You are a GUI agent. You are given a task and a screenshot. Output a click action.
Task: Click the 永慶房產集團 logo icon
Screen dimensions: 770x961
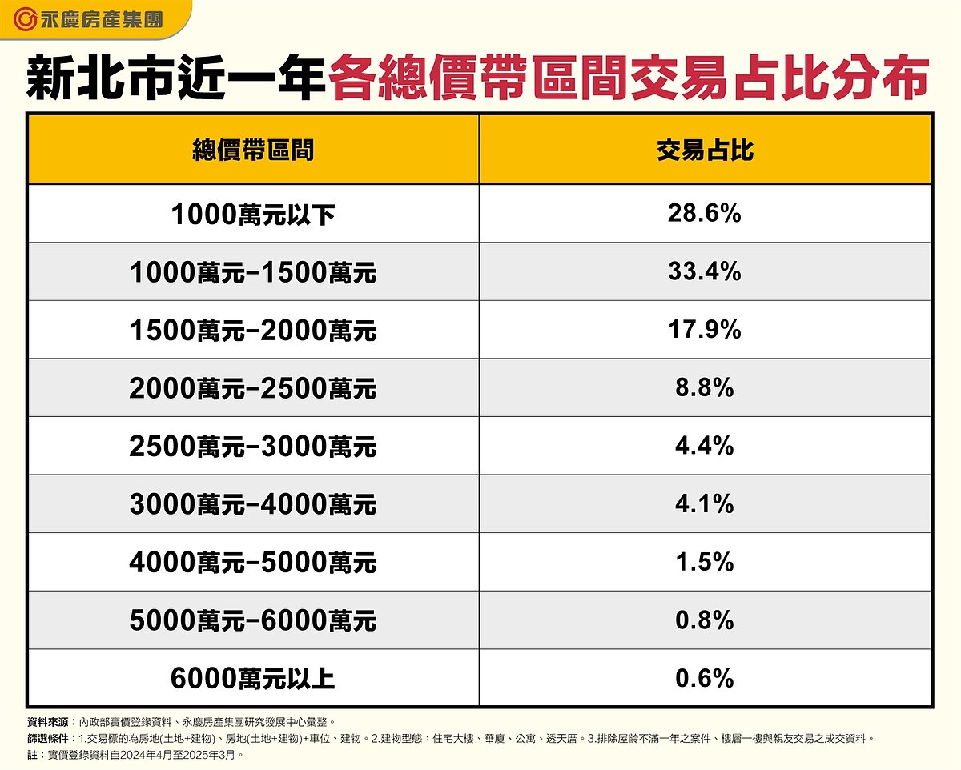[x=26, y=18]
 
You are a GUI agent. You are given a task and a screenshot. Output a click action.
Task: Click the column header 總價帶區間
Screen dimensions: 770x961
[x=252, y=150]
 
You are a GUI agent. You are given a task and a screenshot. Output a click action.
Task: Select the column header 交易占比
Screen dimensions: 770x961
[x=705, y=150]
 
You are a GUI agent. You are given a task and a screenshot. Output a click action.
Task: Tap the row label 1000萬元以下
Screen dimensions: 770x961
[x=252, y=214]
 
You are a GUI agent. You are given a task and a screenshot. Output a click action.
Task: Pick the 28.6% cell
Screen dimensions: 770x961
[x=705, y=213]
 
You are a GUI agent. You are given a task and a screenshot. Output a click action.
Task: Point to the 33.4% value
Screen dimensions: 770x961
[x=705, y=271]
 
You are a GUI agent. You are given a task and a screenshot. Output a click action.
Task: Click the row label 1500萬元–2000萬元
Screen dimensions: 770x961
[x=252, y=331]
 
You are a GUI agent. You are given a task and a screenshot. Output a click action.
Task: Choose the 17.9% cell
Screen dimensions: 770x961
[x=705, y=330]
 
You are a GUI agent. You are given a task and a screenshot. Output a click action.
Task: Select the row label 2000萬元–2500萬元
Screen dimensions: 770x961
[x=252, y=389]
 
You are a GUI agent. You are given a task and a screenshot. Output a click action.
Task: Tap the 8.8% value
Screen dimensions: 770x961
[x=705, y=388]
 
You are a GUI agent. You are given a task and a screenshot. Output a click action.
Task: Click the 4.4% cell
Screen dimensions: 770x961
[x=705, y=446]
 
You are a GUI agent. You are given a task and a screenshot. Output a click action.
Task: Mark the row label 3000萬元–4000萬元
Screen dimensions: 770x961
[x=252, y=505]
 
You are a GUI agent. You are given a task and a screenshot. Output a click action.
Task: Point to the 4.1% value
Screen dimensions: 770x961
[x=705, y=504]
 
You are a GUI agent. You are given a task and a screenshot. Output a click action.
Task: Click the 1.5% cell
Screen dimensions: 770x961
[x=705, y=562]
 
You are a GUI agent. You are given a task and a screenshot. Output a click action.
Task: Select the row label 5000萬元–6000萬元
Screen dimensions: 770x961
[x=252, y=621]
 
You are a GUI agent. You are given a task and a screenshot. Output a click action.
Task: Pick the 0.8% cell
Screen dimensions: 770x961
[x=705, y=620]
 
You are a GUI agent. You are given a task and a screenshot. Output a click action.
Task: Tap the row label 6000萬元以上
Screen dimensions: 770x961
[x=252, y=680]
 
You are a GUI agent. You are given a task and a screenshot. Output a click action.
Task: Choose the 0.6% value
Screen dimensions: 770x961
[x=705, y=679]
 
